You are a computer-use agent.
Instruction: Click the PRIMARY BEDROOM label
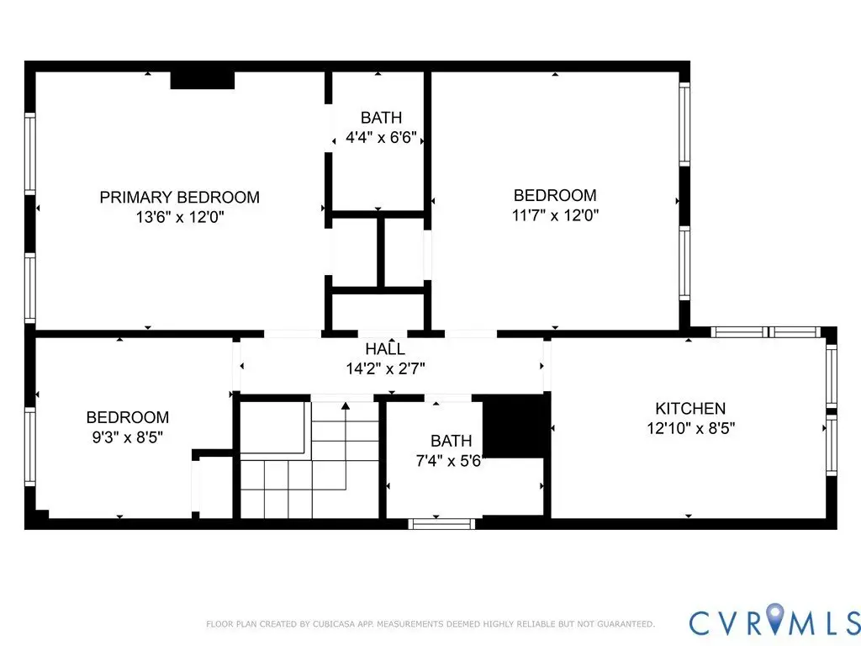tap(180, 197)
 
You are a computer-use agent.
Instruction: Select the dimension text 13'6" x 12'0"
tap(180, 217)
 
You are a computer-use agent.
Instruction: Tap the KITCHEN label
tap(690, 408)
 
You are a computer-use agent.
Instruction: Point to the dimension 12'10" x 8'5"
tap(691, 428)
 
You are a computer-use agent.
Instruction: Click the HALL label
tap(385, 349)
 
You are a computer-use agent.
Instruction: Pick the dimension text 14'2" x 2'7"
tap(385, 368)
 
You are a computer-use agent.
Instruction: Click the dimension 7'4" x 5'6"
tap(450, 460)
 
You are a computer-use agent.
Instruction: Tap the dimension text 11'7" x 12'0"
tap(555, 214)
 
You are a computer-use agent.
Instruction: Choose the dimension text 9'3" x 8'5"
tap(128, 437)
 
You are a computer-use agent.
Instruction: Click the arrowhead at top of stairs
tap(346, 406)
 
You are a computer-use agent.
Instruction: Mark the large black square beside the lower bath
tap(516, 426)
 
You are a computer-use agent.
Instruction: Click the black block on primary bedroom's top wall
tap(203, 80)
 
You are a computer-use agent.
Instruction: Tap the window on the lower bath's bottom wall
tap(441, 523)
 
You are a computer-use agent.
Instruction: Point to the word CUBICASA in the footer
tap(335, 624)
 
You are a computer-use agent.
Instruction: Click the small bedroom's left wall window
tap(29, 446)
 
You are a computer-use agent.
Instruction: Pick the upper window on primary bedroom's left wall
tap(29, 153)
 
